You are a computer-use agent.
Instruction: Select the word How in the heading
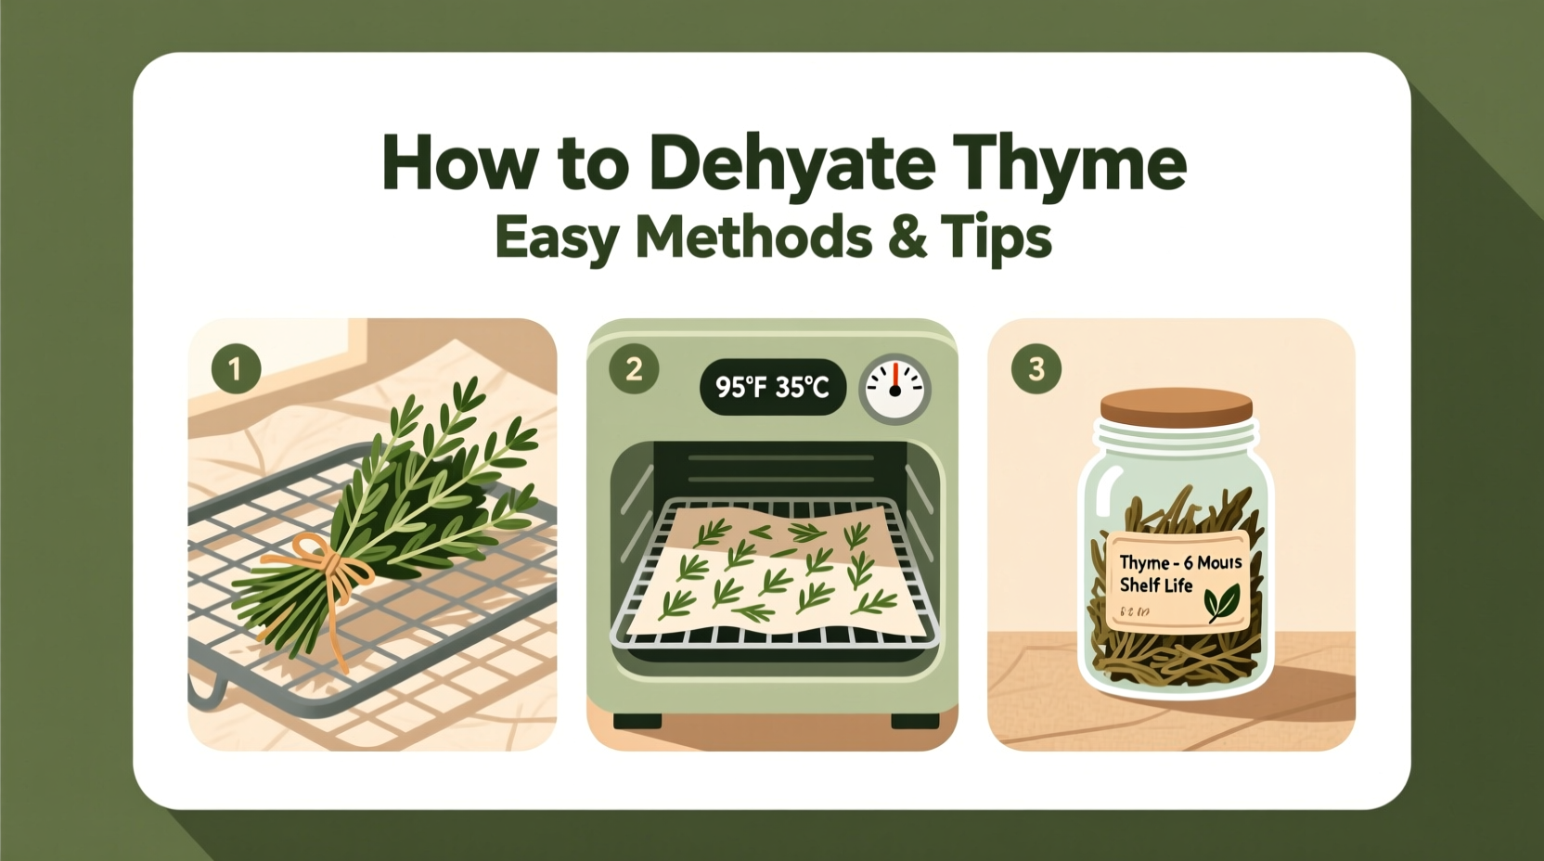458,163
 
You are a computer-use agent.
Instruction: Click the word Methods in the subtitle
753,238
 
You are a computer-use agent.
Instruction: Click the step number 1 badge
236,368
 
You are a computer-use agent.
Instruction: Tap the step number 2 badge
634,369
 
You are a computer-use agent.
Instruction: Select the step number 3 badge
1036,368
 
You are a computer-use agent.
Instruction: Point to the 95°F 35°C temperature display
772,387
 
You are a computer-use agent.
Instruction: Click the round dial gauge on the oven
894,388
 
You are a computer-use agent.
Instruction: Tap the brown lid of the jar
1177,406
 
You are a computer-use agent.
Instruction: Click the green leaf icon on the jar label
1221,603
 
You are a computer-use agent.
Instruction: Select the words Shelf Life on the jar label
1156,585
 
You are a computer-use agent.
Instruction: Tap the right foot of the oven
915,720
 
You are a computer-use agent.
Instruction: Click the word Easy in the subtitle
557,238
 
